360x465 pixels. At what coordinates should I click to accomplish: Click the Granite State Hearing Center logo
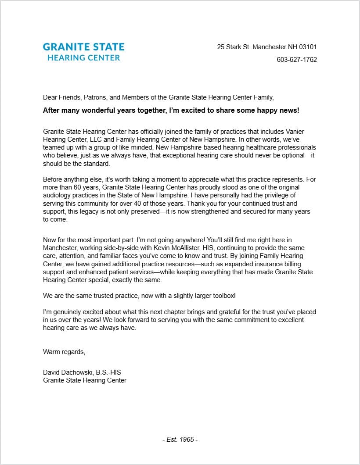[83, 52]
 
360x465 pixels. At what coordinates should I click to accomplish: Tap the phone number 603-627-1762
[296, 60]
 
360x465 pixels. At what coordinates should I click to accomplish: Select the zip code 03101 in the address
[308, 47]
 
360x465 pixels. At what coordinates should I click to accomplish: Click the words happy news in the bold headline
[278, 111]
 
